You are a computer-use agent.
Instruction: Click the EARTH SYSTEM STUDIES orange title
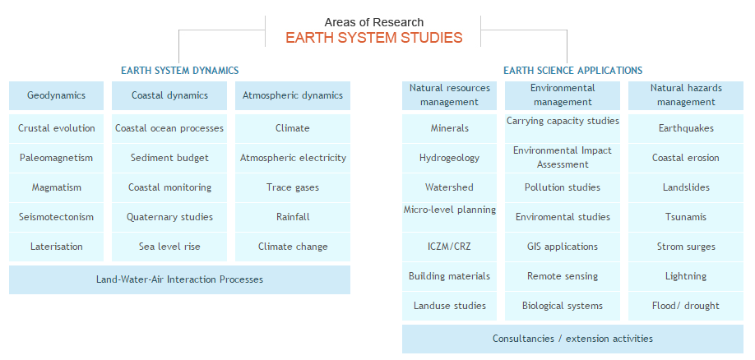coord(373,38)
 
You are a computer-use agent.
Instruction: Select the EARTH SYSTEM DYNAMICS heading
coord(179,71)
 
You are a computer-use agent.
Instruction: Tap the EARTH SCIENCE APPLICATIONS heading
coord(572,71)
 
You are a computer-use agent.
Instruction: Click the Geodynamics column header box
coord(57,95)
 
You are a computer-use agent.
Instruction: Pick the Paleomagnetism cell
coord(57,158)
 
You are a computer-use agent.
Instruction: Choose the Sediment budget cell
coord(169,158)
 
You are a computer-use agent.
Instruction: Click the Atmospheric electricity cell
coord(293,158)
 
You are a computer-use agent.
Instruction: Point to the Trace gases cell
coord(293,187)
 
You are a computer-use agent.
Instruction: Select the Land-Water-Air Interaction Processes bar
coord(179,279)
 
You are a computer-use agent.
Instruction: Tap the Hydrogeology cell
coord(450,158)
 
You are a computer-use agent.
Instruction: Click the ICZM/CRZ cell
coord(450,247)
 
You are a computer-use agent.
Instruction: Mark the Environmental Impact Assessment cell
coord(563,158)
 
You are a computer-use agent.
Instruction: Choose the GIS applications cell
coord(563,247)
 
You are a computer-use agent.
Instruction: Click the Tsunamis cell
coord(686,217)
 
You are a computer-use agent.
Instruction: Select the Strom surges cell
coord(686,247)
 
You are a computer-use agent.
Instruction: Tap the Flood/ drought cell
coord(686,306)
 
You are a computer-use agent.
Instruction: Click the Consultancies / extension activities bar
coord(572,339)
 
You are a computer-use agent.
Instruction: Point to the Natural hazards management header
coord(686,95)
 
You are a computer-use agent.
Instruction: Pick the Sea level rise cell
coord(169,247)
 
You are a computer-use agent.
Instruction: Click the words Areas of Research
coord(373,21)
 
